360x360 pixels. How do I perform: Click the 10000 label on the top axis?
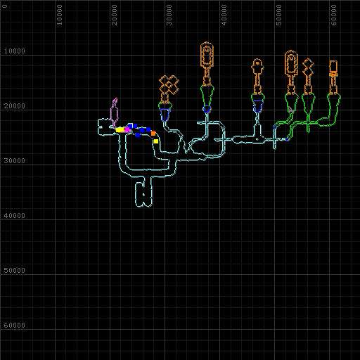[x=60, y=15]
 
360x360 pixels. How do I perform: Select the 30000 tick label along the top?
[x=169, y=15]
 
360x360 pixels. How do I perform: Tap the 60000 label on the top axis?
[x=333, y=15]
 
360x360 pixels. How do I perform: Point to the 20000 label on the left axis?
[x=15, y=106]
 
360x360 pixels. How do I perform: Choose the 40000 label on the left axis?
[x=15, y=215]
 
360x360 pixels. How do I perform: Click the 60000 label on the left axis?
[x=15, y=325]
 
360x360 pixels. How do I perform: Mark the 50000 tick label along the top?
[x=278, y=15]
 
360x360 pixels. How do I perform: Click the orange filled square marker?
[x=153, y=134]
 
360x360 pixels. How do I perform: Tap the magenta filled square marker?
[x=127, y=129]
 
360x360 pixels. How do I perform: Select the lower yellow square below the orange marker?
[x=155, y=141]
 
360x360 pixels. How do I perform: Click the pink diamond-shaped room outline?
[x=114, y=113]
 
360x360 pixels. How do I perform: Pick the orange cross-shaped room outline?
[x=169, y=85]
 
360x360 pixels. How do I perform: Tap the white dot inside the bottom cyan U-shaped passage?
[x=143, y=194]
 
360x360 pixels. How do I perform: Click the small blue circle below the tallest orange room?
[x=207, y=109]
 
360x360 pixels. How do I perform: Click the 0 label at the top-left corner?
[x=5, y=6]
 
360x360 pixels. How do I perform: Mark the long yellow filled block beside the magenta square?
[x=120, y=129]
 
